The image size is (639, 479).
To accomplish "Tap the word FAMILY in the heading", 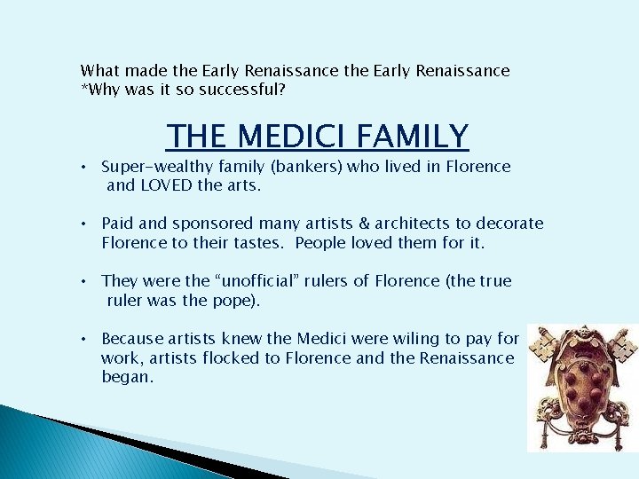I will pos(413,137).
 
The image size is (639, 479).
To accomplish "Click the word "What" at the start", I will pos(99,70).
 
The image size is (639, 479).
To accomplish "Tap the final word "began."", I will pos(128,377).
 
